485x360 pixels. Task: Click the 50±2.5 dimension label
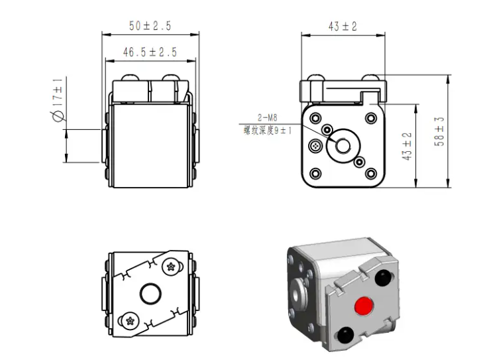150,26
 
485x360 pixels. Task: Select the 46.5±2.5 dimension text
150,52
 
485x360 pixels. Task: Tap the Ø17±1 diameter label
58,99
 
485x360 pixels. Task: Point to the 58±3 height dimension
439,131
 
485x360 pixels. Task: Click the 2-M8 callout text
268,117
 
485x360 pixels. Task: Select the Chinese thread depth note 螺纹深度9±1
268,131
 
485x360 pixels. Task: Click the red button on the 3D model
364,306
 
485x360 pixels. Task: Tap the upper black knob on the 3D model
383,278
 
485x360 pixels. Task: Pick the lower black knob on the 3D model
345,335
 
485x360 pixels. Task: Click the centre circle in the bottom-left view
150,294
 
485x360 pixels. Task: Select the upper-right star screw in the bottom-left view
171,267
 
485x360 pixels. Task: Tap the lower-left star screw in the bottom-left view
130,321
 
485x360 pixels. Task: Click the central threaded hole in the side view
343,146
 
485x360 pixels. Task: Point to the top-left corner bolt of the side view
315,118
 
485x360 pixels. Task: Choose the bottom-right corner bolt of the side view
371,173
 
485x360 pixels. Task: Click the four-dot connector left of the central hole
315,145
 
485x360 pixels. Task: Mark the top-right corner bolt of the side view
371,118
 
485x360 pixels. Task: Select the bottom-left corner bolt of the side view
315,173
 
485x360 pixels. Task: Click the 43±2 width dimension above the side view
343,27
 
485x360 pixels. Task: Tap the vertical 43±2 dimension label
407,147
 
